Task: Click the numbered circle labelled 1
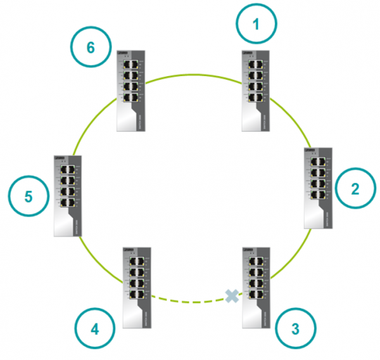pyautogui.click(x=256, y=25)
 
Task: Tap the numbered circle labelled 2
pyautogui.click(x=355, y=188)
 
